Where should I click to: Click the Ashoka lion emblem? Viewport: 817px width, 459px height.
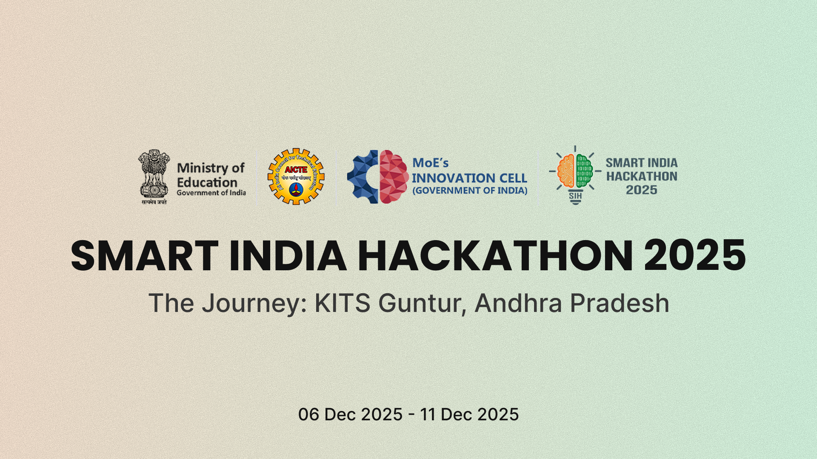[x=154, y=175]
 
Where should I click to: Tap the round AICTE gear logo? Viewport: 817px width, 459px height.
[x=296, y=176]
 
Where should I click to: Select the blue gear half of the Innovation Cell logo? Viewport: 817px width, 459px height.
[x=363, y=176]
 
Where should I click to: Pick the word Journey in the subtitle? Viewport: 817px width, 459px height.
[x=254, y=303]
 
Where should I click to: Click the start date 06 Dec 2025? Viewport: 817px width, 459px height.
[x=350, y=414]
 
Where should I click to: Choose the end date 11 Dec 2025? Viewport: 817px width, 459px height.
[x=469, y=414]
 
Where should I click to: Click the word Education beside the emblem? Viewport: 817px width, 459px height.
[x=207, y=182]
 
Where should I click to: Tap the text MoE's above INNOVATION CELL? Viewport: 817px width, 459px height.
[x=430, y=163]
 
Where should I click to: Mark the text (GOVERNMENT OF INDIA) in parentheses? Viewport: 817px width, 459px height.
[x=470, y=190]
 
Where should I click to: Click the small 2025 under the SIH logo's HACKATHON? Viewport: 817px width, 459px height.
[x=641, y=190]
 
